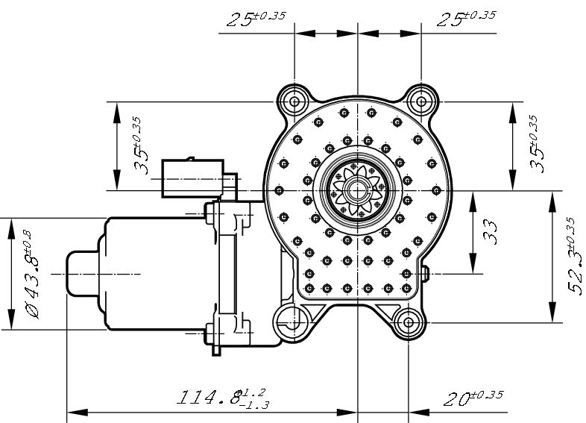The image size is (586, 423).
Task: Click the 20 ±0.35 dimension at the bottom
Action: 471,397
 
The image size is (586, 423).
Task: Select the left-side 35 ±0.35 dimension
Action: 140,145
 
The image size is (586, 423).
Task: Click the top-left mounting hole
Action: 295,101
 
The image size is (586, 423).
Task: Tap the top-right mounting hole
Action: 421,101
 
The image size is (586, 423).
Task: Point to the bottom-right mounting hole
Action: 409,322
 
